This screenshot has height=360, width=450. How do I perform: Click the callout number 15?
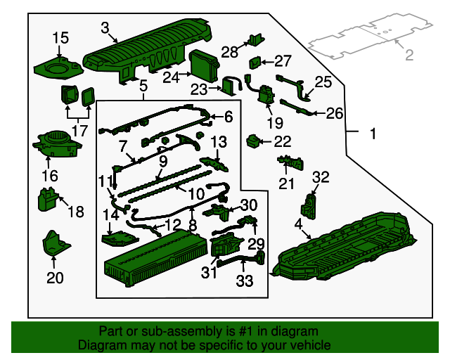[60, 38]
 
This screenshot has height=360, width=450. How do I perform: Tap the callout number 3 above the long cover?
[105, 28]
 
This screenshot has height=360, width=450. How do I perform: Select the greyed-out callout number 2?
[409, 55]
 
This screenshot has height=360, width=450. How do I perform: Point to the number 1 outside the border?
[373, 134]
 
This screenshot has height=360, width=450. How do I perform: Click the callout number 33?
[245, 281]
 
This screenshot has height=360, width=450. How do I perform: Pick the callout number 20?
[55, 278]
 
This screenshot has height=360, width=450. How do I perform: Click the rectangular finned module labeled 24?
[205, 65]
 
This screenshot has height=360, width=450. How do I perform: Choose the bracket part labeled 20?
[56, 243]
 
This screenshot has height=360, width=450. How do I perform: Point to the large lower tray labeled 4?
[345, 247]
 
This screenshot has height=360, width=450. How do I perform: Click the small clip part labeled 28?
[257, 39]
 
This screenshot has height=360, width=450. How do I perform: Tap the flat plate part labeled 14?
[120, 238]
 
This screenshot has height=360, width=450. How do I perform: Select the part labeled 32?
[308, 206]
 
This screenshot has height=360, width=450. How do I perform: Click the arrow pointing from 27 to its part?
[267, 62]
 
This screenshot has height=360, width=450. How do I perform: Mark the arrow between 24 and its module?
[186, 74]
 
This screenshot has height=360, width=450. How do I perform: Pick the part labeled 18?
[48, 199]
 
